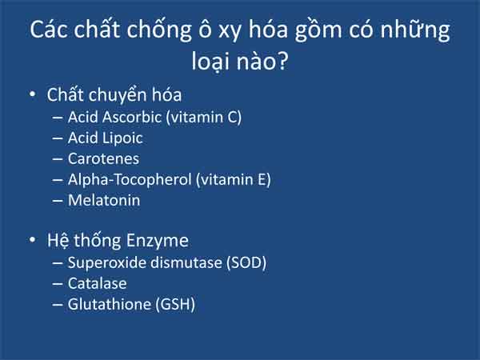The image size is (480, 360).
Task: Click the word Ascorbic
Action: tap(132, 118)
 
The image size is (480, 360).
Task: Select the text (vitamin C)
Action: tap(203, 118)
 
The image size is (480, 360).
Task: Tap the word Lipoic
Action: tap(122, 138)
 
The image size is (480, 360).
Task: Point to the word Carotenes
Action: tap(103, 159)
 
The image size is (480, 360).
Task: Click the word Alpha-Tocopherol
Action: tap(130, 180)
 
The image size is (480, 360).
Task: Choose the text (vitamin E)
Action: tap(234, 180)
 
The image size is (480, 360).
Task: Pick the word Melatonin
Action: tap(104, 201)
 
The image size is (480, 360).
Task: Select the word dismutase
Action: tap(186, 262)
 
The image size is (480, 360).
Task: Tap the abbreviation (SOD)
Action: tap(246, 263)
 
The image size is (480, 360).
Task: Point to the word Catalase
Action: tap(98, 283)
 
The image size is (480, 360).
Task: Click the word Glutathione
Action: tap(110, 304)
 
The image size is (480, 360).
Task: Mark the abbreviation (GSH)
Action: tap(175, 305)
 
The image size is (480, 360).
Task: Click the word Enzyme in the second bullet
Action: tap(158, 241)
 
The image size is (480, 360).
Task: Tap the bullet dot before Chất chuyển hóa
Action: tap(33, 94)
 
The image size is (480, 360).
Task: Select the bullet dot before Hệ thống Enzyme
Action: tap(33, 240)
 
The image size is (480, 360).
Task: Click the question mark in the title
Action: tap(282, 61)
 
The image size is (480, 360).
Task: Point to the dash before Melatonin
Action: tap(58, 201)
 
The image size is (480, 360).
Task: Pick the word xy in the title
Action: tap(229, 31)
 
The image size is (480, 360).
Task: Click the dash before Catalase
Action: tap(58, 284)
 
